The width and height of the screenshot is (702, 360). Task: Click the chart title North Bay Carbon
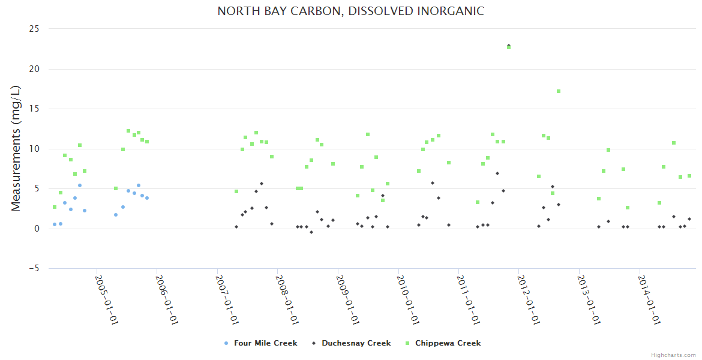click(x=350, y=11)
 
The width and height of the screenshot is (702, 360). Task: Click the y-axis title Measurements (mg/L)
click(x=16, y=148)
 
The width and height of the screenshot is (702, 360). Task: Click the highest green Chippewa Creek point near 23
click(x=509, y=47)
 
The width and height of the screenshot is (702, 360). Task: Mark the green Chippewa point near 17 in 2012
click(x=559, y=91)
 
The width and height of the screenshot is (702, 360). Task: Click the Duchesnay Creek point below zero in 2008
click(x=311, y=232)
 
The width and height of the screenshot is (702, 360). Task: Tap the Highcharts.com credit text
click(x=673, y=355)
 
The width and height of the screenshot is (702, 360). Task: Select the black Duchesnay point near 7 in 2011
click(x=497, y=173)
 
